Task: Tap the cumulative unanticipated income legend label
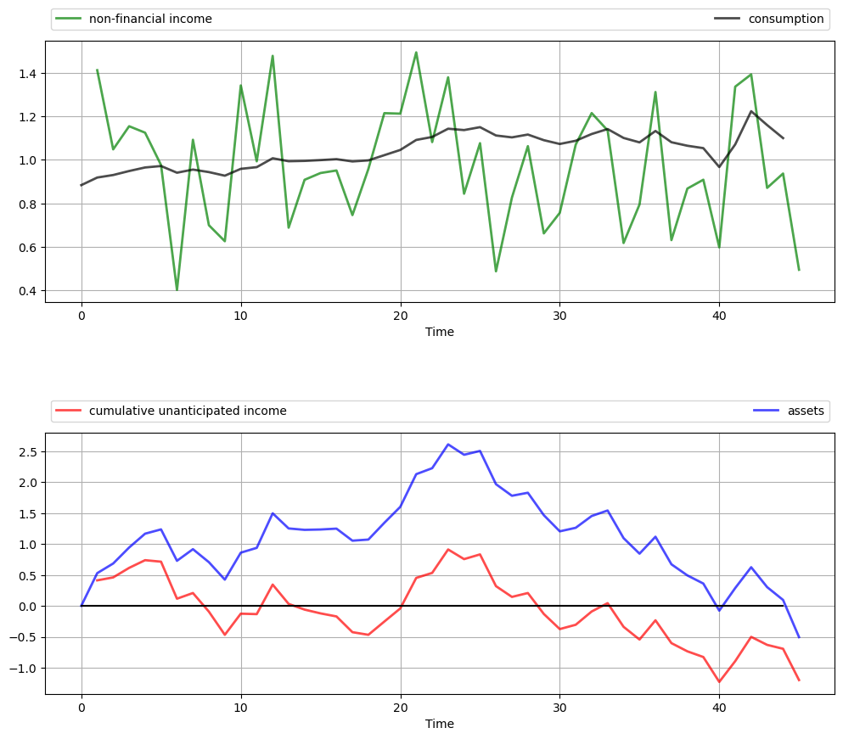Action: pos(188,411)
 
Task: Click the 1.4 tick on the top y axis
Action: pos(27,74)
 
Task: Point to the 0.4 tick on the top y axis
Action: pos(27,291)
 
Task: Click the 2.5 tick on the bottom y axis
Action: pos(27,451)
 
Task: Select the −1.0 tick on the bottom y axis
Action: pos(24,669)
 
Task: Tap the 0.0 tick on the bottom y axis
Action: pos(27,607)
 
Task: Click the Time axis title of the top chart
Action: pos(440,332)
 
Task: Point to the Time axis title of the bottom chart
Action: pos(440,724)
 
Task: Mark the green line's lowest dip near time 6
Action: pos(177,290)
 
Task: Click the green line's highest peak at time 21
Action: pos(416,53)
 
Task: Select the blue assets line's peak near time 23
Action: pos(448,445)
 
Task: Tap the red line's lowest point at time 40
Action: pos(719,682)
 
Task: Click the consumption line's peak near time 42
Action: pos(751,111)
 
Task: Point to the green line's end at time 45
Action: pos(799,270)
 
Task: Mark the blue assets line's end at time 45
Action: pos(799,637)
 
